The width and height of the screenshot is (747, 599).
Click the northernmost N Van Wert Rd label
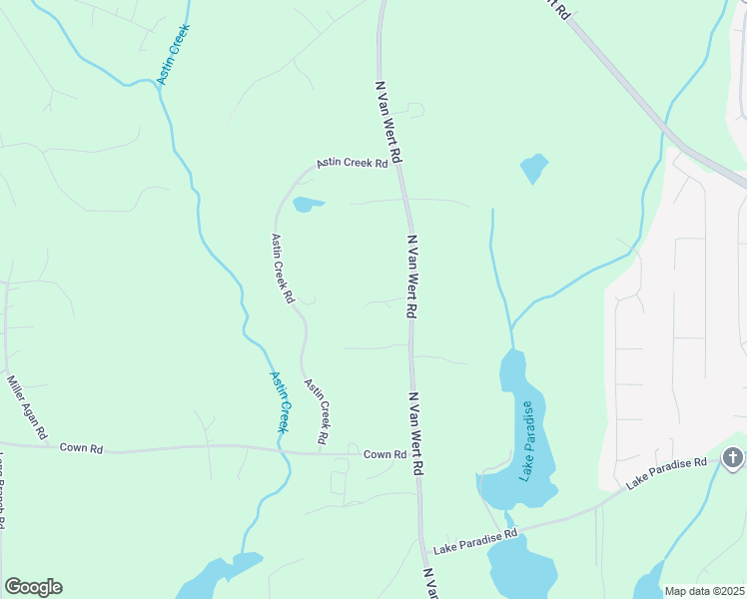click(x=388, y=123)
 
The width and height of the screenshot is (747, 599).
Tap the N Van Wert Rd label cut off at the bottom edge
click(x=430, y=584)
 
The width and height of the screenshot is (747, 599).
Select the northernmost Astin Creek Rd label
click(x=352, y=163)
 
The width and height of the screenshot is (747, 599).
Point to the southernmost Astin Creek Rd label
click(x=318, y=411)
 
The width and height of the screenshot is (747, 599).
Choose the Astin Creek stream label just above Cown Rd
click(x=280, y=401)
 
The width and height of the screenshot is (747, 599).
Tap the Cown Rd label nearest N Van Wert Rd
click(x=384, y=454)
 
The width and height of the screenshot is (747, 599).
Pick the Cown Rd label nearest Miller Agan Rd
click(x=81, y=448)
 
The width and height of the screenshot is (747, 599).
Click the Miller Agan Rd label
click(x=27, y=407)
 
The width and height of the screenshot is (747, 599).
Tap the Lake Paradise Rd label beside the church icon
click(x=666, y=473)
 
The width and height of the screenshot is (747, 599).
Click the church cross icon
click(x=732, y=458)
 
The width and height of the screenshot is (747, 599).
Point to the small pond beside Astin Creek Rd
click(x=308, y=205)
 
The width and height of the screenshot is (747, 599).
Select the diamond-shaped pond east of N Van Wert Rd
click(x=534, y=168)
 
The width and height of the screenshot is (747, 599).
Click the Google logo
click(x=33, y=587)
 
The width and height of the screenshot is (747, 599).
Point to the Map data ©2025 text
click(x=704, y=590)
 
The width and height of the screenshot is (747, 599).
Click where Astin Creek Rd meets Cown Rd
click(x=321, y=451)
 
